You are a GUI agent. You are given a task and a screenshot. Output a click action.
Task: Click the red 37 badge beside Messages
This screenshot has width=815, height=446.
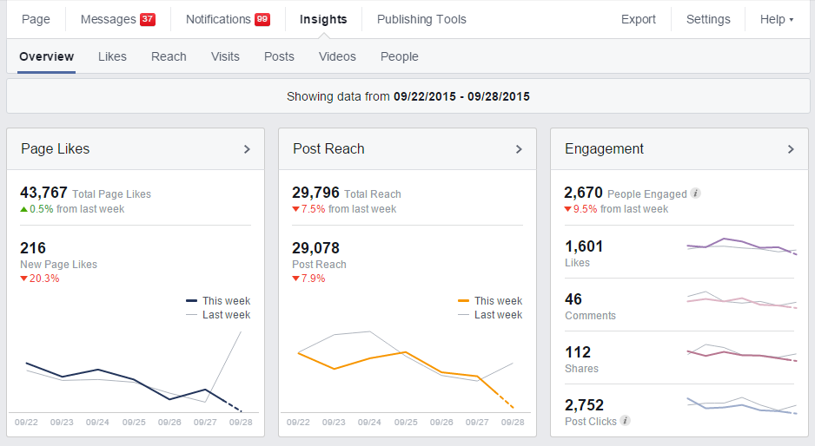pos(148,20)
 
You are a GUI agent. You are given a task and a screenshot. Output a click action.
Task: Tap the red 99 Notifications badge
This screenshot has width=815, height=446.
pos(262,20)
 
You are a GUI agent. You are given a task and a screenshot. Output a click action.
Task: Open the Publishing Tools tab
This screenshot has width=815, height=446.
pos(421,19)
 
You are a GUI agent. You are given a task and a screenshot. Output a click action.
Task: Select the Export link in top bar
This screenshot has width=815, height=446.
pos(638,19)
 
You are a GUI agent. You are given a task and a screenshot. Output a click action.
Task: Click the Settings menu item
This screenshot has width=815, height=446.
pos(708,19)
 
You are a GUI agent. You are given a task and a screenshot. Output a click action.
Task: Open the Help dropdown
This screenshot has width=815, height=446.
pos(776,19)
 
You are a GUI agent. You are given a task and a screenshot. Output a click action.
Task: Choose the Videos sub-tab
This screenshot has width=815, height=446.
pos(337,56)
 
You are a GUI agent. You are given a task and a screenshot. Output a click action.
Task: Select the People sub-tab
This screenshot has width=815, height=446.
pos(399,56)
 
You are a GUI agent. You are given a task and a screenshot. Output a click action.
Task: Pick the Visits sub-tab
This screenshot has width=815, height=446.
pos(225,56)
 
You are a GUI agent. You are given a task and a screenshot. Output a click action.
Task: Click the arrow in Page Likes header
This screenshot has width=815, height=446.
pos(247,149)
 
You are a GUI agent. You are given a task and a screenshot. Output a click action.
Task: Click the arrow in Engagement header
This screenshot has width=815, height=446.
pos(791,149)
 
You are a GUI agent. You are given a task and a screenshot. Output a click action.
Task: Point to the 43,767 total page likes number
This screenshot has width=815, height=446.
pos(43,193)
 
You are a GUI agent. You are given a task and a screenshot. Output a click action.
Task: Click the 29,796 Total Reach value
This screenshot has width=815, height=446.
pos(315,193)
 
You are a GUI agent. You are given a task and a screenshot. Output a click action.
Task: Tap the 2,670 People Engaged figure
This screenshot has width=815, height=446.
pos(583,193)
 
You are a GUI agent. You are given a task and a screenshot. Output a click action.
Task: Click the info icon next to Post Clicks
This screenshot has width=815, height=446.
pos(626,421)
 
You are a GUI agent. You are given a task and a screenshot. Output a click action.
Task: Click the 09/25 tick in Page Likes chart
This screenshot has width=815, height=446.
pos(134,423)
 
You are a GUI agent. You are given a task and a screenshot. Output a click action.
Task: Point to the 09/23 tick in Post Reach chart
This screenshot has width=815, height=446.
pos(334,423)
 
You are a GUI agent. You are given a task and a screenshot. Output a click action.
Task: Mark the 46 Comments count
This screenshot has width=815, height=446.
pos(573,299)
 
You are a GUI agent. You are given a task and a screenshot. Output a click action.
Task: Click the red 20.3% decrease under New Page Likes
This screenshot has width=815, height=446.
pos(40,279)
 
